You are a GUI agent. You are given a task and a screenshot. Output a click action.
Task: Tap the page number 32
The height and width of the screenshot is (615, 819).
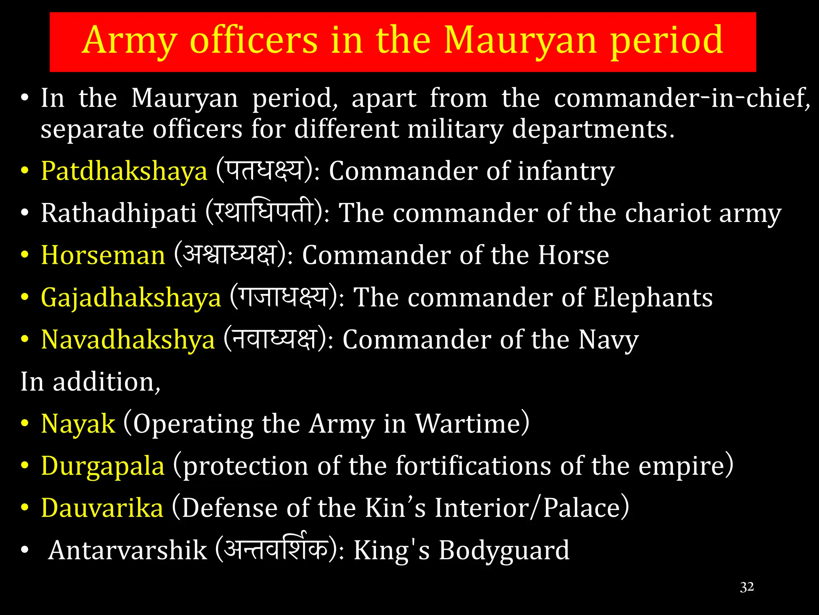[x=747, y=587]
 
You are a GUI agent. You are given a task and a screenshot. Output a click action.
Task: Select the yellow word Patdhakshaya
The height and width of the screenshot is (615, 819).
[x=124, y=171]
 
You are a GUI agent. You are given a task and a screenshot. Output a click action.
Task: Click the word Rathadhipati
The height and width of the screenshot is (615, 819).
[x=119, y=213]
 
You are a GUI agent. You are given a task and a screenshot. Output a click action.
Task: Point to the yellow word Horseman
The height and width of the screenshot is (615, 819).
[x=103, y=255]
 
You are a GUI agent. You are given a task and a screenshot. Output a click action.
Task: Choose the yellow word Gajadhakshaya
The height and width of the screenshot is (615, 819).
[x=131, y=298]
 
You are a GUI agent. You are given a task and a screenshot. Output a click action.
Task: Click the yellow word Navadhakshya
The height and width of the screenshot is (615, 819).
[x=128, y=340]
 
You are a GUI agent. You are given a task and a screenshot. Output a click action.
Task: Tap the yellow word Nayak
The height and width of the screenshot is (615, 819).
[x=78, y=424]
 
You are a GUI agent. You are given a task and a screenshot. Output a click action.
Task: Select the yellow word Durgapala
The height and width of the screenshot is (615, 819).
[x=103, y=466]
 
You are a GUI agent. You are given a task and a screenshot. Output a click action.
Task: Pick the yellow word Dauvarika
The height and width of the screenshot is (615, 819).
[x=102, y=508]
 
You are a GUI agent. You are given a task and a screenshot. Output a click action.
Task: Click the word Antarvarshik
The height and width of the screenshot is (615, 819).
[x=127, y=551]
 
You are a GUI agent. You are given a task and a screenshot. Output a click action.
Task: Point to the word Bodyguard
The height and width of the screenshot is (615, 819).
[x=504, y=551]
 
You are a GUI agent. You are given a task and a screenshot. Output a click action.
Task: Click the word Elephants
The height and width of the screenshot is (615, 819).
[x=653, y=298]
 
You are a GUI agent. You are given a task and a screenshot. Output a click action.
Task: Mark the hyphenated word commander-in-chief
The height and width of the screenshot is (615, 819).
[x=681, y=98]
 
